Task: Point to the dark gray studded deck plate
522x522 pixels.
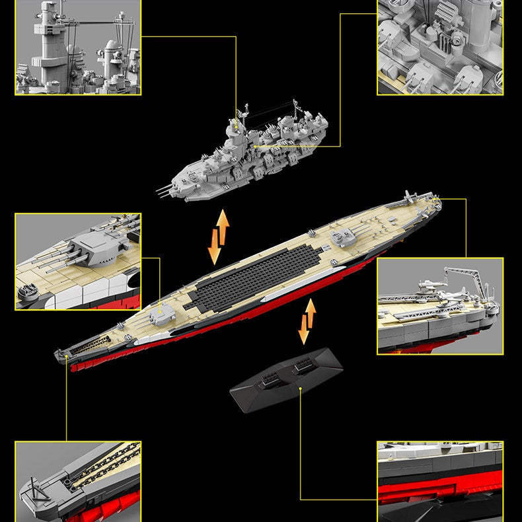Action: click(x=254, y=276)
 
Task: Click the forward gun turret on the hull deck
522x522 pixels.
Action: click(x=161, y=316)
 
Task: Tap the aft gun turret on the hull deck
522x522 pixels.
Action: click(x=345, y=235)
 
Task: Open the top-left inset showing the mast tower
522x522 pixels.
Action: click(x=78, y=47)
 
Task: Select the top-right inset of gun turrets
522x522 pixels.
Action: click(x=440, y=47)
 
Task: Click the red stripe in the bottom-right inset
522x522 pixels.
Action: click(x=440, y=492)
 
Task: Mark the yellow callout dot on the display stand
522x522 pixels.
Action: click(x=301, y=389)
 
